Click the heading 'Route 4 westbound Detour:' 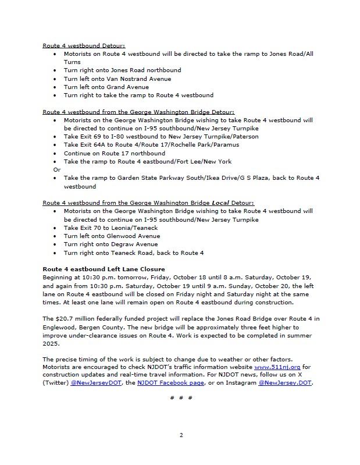point(84,45)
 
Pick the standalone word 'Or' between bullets point(56,169)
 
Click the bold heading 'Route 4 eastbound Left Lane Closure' point(104,269)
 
